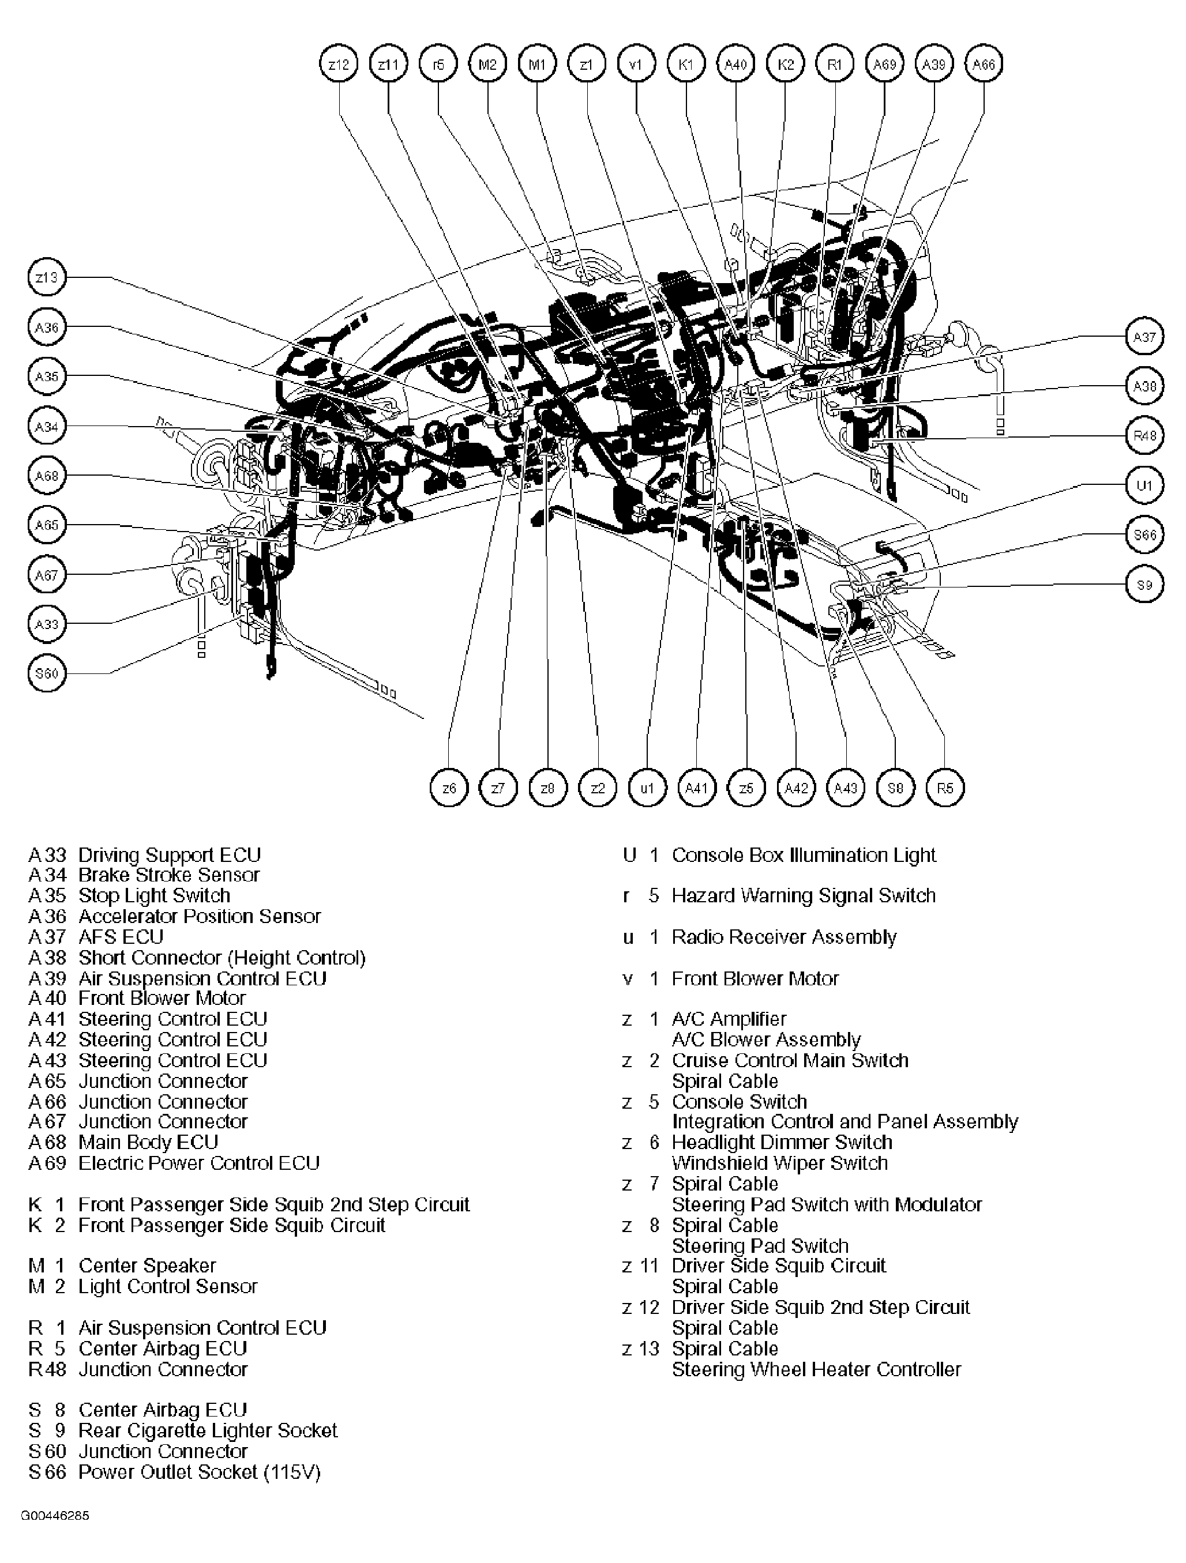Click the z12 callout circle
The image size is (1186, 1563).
339,65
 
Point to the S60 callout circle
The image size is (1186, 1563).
47,673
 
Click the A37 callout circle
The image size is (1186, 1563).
1143,337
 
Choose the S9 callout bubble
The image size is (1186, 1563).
1143,585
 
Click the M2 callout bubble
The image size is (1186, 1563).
487,65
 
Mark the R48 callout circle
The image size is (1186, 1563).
1143,436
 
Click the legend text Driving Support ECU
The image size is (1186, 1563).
170,855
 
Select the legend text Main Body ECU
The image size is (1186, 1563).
148,1143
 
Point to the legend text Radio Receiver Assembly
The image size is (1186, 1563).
784,937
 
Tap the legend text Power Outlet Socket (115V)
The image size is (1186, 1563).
200,1472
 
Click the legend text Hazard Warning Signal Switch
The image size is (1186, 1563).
803,895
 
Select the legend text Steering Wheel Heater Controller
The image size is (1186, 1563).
816,1369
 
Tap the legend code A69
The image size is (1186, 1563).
47,1163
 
